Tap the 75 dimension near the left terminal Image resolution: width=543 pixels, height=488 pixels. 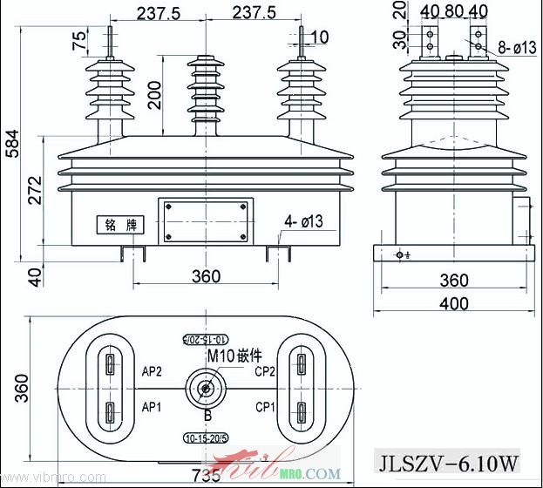[x=79, y=41]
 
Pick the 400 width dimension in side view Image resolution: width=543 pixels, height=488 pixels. [x=452, y=303]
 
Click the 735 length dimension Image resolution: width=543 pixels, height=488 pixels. [x=206, y=475]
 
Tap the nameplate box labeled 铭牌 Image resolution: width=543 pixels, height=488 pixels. [x=116, y=224]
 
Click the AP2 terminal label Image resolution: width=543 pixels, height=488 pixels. [x=153, y=370]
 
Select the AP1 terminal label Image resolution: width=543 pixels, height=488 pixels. [x=153, y=407]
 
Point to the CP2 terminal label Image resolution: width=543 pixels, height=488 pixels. [x=266, y=370]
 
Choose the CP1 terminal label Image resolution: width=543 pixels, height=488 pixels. [x=266, y=407]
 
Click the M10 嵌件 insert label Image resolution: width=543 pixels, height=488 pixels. [x=234, y=356]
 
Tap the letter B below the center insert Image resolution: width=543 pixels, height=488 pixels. [x=207, y=415]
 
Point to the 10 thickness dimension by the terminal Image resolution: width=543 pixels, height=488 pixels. [x=319, y=37]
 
